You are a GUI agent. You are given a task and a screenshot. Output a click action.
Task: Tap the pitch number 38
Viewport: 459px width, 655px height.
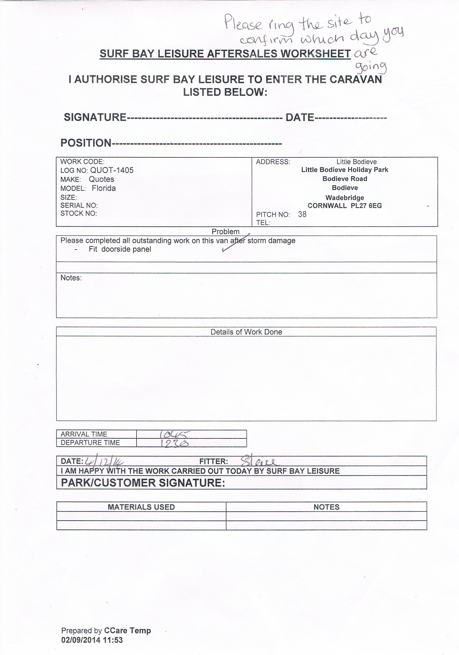coord(302,214)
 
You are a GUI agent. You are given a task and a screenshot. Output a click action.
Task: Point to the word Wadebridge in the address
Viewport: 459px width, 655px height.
coord(345,198)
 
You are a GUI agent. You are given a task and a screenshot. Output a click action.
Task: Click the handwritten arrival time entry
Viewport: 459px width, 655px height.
coord(174,434)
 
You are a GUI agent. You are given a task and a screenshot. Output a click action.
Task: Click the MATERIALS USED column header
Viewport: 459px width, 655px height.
coord(141,507)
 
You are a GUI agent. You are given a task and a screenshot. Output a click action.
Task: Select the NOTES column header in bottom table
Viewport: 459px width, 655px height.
coord(326,507)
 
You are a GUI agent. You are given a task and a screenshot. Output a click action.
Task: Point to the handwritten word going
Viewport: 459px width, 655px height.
coord(371,67)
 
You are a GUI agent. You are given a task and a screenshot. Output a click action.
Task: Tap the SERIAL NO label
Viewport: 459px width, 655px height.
coord(79,205)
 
